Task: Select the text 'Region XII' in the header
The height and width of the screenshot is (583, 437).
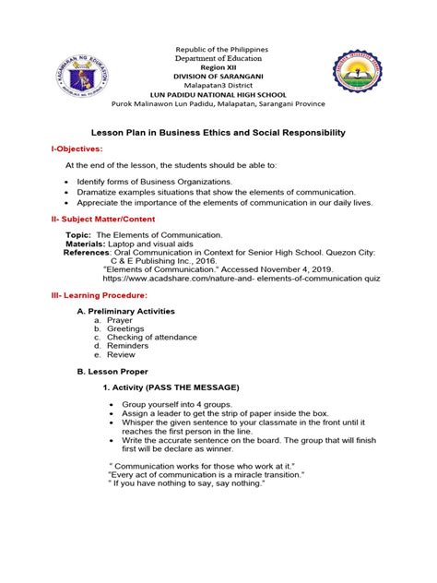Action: point(219,55)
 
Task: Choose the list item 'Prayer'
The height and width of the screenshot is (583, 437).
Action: point(121,321)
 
